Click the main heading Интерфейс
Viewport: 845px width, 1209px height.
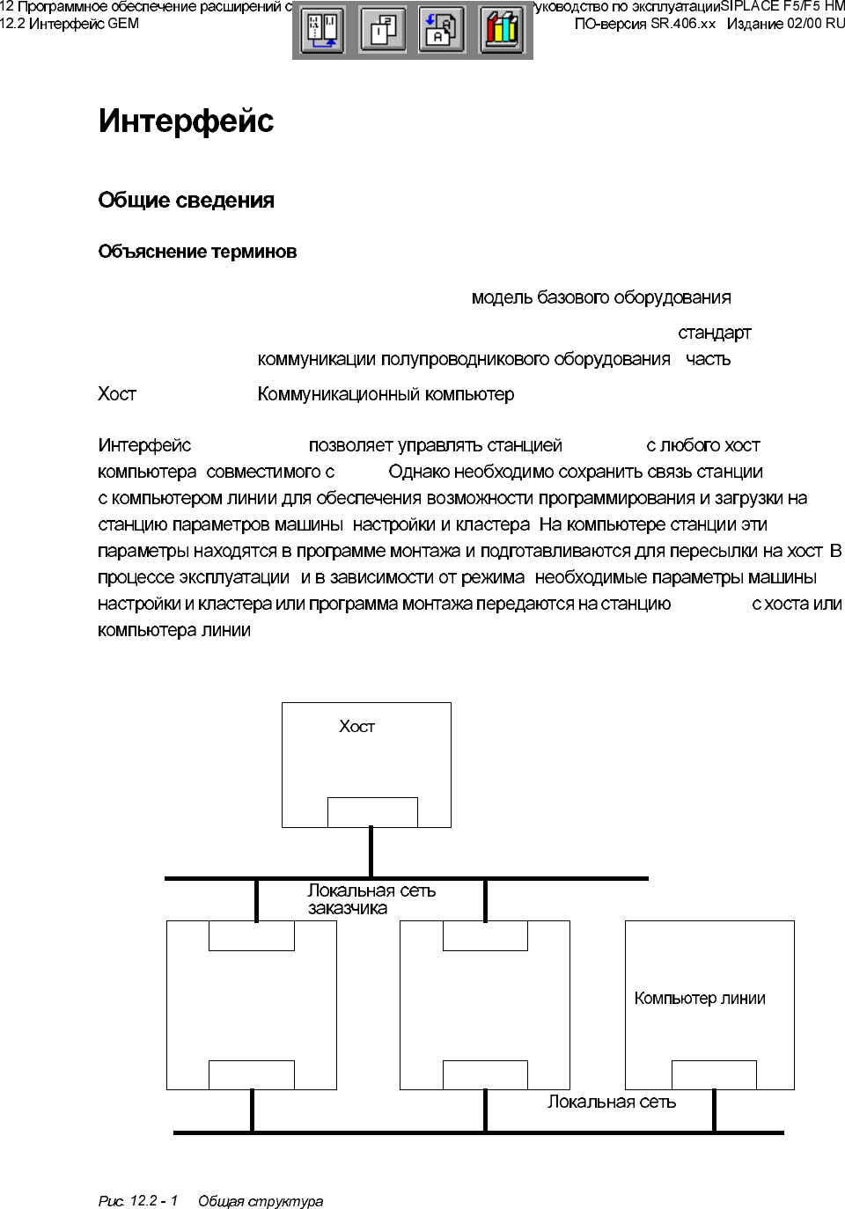(186, 121)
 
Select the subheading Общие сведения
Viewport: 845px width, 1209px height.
(186, 201)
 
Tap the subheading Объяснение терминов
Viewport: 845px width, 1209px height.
(197, 252)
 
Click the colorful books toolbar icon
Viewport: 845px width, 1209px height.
(502, 31)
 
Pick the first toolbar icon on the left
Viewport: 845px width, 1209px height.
(323, 31)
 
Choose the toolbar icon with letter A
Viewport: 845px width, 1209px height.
(441, 31)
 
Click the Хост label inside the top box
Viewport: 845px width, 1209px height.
(356, 727)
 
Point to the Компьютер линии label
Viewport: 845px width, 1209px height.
(700, 999)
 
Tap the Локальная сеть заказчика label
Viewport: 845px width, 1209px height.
(371, 899)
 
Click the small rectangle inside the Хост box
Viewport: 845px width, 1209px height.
(372, 812)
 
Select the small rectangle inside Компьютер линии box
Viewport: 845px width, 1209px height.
(714, 1075)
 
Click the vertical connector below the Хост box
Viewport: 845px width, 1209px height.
(371, 852)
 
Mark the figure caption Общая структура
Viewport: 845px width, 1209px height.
(261, 1201)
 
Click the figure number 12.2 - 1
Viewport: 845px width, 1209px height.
(154, 1201)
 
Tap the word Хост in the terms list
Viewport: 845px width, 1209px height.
(117, 394)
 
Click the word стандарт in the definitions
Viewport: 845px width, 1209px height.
(714, 333)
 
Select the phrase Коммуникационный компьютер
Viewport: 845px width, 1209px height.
(386, 394)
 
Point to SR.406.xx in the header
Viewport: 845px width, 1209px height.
(683, 24)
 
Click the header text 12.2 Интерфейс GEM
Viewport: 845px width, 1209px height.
(70, 24)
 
